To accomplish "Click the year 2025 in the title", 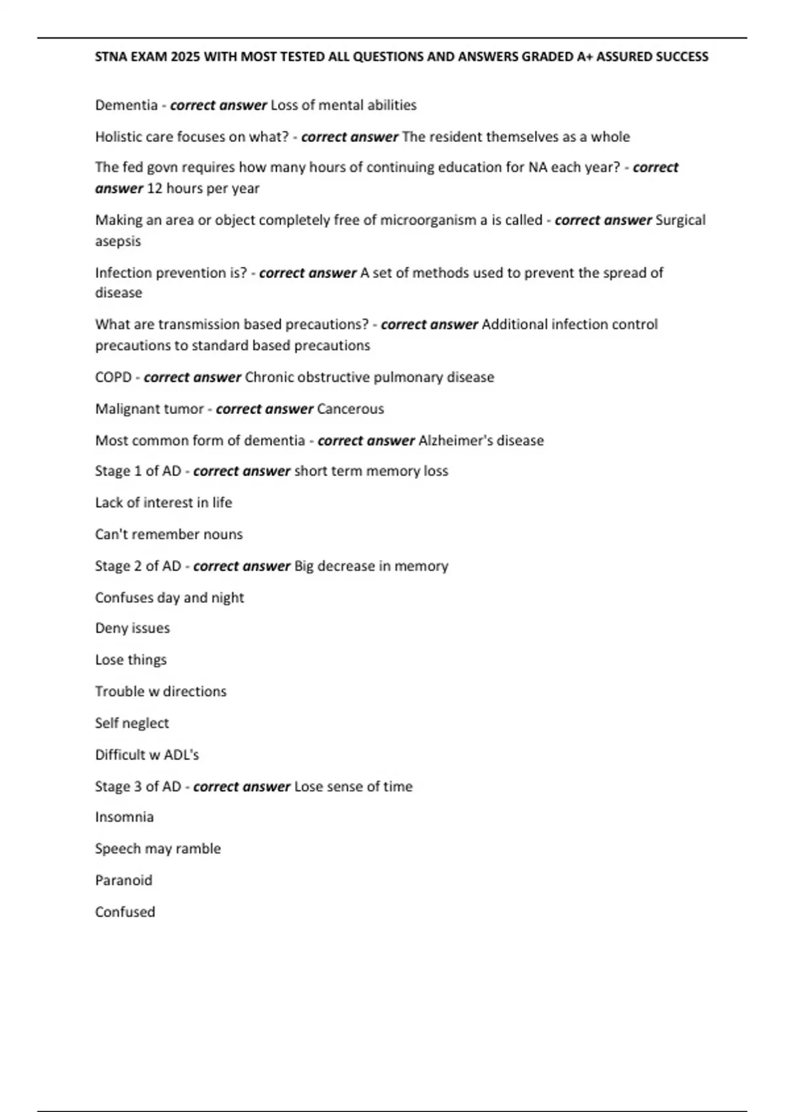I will tap(185, 57).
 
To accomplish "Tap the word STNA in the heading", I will tap(111, 57).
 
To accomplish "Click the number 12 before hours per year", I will tap(154, 188).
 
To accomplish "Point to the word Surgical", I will tap(680, 220).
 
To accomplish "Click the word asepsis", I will tap(118, 241).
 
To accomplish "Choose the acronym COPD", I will tap(113, 377).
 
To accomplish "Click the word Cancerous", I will tap(351, 409).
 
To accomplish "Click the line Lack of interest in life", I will tap(164, 502).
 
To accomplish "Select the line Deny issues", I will tap(132, 628).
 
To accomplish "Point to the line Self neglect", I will tap(131, 723).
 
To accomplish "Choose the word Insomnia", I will tap(124, 817).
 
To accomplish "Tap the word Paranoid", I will tap(124, 880).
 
